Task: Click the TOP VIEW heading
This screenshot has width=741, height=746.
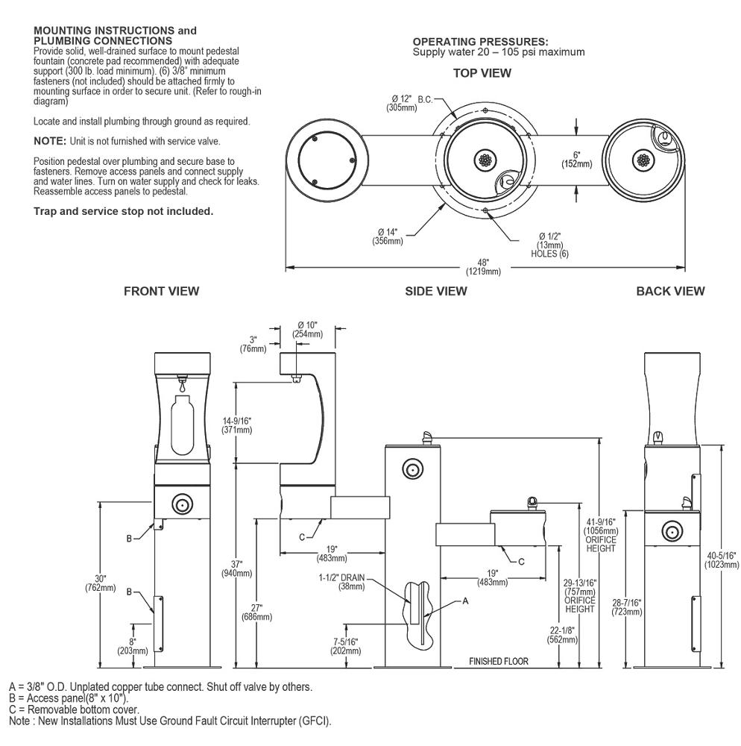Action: click(x=482, y=73)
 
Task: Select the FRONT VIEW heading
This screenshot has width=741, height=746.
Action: click(x=161, y=292)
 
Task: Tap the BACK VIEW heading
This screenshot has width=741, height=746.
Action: click(x=669, y=292)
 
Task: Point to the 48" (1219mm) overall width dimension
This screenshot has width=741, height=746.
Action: click(x=483, y=266)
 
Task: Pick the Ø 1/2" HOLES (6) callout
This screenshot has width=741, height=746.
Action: click(x=549, y=244)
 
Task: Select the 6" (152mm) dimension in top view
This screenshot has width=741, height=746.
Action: click(x=577, y=159)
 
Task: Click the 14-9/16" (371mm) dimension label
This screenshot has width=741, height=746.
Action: click(x=237, y=426)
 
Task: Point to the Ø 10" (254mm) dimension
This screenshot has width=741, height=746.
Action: click(x=307, y=329)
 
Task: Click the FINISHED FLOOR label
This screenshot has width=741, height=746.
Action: click(x=498, y=661)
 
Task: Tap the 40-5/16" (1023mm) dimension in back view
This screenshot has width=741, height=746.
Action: click(x=721, y=559)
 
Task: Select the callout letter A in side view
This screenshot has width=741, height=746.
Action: click(x=465, y=600)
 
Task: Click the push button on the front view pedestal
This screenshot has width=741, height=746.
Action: click(x=180, y=505)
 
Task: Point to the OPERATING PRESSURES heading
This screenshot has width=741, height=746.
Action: click(x=480, y=42)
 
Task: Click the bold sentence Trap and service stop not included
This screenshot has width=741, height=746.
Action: click(x=124, y=211)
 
